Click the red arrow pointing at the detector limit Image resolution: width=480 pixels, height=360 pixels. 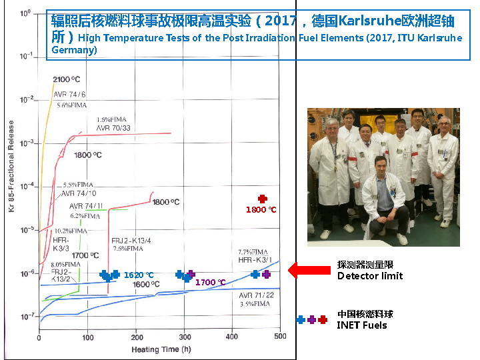pos(308,270)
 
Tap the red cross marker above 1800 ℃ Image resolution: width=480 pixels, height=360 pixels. pos(263,199)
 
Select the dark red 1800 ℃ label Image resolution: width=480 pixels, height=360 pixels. pos(261,210)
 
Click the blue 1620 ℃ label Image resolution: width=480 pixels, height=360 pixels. pos(139,275)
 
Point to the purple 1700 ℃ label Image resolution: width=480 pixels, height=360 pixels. pos(210,283)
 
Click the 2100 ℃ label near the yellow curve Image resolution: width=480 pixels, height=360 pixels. pos(67,80)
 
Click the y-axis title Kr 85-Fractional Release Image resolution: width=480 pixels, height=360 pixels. pos(11,167)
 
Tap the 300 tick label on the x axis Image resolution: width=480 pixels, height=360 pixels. pos(184,337)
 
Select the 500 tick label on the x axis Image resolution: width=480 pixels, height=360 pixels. pos(280,337)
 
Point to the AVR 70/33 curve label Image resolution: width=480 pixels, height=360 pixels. pos(113,127)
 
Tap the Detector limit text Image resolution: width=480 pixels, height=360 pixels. pos(370,276)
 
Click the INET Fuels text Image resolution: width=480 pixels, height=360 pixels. pos(362,325)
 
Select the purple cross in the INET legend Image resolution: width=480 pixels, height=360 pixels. pos(312,320)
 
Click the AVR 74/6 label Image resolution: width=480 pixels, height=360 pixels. pos(69,95)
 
